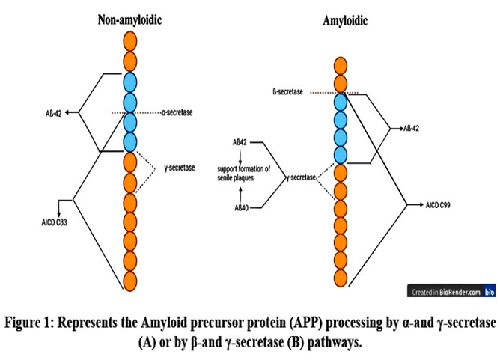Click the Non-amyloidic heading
pyautogui.click(x=129, y=19)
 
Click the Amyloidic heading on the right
pyautogui.click(x=345, y=21)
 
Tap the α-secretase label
pyautogui.click(x=177, y=112)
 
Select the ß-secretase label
pyautogui.click(x=288, y=92)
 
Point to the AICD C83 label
pyautogui.click(x=54, y=222)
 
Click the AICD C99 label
pyautogui.click(x=438, y=205)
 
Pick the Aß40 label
pyautogui.click(x=241, y=208)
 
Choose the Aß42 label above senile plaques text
pyautogui.click(x=240, y=142)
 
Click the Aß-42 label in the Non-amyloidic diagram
pyautogui.click(x=54, y=113)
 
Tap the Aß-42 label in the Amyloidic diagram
pyautogui.click(x=412, y=129)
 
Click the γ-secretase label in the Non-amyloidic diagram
pyautogui.click(x=180, y=168)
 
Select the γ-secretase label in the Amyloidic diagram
pyautogui.click(x=301, y=177)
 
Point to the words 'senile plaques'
pyautogui.click(x=236, y=178)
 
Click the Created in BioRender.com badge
pyautogui.click(x=451, y=291)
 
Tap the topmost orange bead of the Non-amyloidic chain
pyautogui.click(x=130, y=41)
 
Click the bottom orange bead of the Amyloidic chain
pyautogui.click(x=341, y=278)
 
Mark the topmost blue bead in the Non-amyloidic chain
pyautogui.click(x=130, y=82)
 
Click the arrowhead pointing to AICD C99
pyautogui.click(x=421, y=204)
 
